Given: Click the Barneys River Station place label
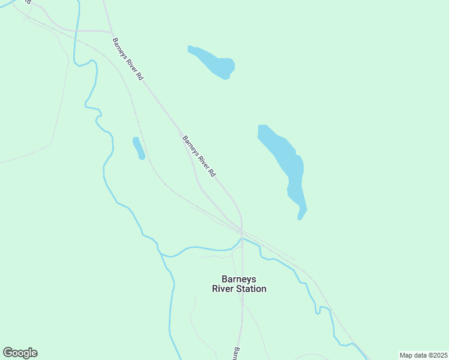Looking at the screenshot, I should [x=239, y=284].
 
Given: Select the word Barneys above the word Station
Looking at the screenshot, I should [x=239, y=279].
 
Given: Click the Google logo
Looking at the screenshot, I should [x=20, y=353].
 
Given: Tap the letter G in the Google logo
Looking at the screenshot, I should [x=8, y=353].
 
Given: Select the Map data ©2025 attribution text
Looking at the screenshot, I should [x=423, y=355].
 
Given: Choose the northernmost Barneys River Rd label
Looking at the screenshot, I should [x=128, y=60].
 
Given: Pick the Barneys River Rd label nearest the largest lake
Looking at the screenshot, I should [x=198, y=156].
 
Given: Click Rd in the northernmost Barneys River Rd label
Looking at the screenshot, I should [x=140, y=77].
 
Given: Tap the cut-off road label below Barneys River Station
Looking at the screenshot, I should [x=236, y=353].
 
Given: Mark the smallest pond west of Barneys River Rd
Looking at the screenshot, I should [x=139, y=148].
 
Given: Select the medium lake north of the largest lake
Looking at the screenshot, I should [x=213, y=62].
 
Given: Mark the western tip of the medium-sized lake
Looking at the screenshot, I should [x=189, y=48].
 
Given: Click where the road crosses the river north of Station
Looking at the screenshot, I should [x=241, y=239].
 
